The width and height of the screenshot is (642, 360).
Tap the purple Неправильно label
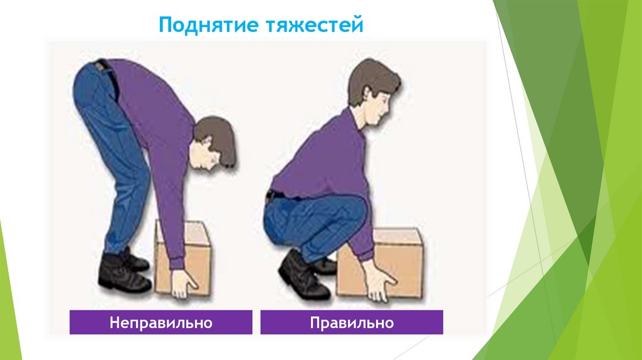click(x=161, y=322)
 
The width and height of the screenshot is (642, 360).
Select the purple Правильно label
click(x=351, y=322)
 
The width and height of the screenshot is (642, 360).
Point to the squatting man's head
click(x=372, y=91)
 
